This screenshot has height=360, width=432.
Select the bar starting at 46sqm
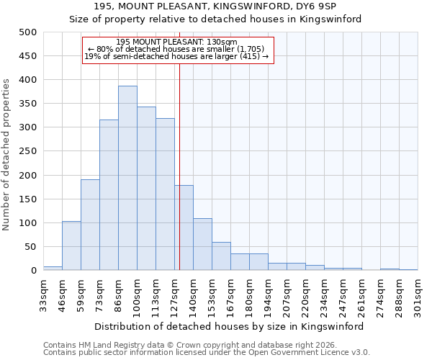click(71, 246)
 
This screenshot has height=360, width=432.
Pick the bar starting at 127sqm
click(184, 228)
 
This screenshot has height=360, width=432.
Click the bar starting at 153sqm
click(221, 256)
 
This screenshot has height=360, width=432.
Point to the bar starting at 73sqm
click(109, 195)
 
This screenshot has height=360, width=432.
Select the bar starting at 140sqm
click(202, 244)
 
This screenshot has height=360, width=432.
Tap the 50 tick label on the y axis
click(30, 247)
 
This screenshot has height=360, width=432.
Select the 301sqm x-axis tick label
click(418, 294)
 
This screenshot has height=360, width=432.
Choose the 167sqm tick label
click(230, 294)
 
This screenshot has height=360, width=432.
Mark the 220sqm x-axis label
click(305, 294)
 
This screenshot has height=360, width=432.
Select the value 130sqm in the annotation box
click(215, 42)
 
